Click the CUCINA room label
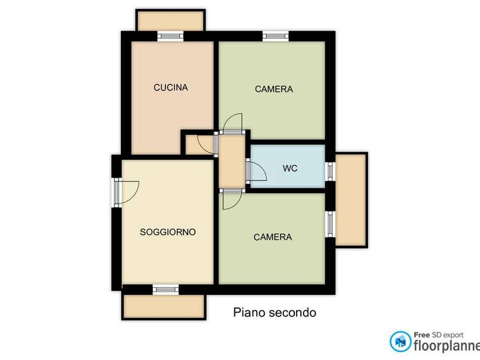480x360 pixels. point(170,87)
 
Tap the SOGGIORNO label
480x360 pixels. point(168,232)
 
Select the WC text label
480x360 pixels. point(290,168)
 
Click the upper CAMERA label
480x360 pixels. point(274,89)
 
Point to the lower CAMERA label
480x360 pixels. point(273,237)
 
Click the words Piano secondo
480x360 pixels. point(275,313)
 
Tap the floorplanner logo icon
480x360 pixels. point(400,341)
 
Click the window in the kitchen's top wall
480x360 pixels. point(170,36)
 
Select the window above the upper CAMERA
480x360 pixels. point(276,36)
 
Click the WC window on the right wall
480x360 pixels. point(330,171)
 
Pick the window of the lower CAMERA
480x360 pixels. point(330,225)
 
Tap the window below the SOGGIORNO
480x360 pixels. point(166,289)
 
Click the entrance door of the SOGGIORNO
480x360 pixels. point(127,192)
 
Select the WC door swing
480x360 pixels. point(257,171)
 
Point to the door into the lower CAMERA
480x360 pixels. point(232,199)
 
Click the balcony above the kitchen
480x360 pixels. point(170,21)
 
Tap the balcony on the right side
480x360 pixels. point(351,200)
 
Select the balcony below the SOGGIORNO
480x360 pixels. point(164,307)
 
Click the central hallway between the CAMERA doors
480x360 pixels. point(232,161)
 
